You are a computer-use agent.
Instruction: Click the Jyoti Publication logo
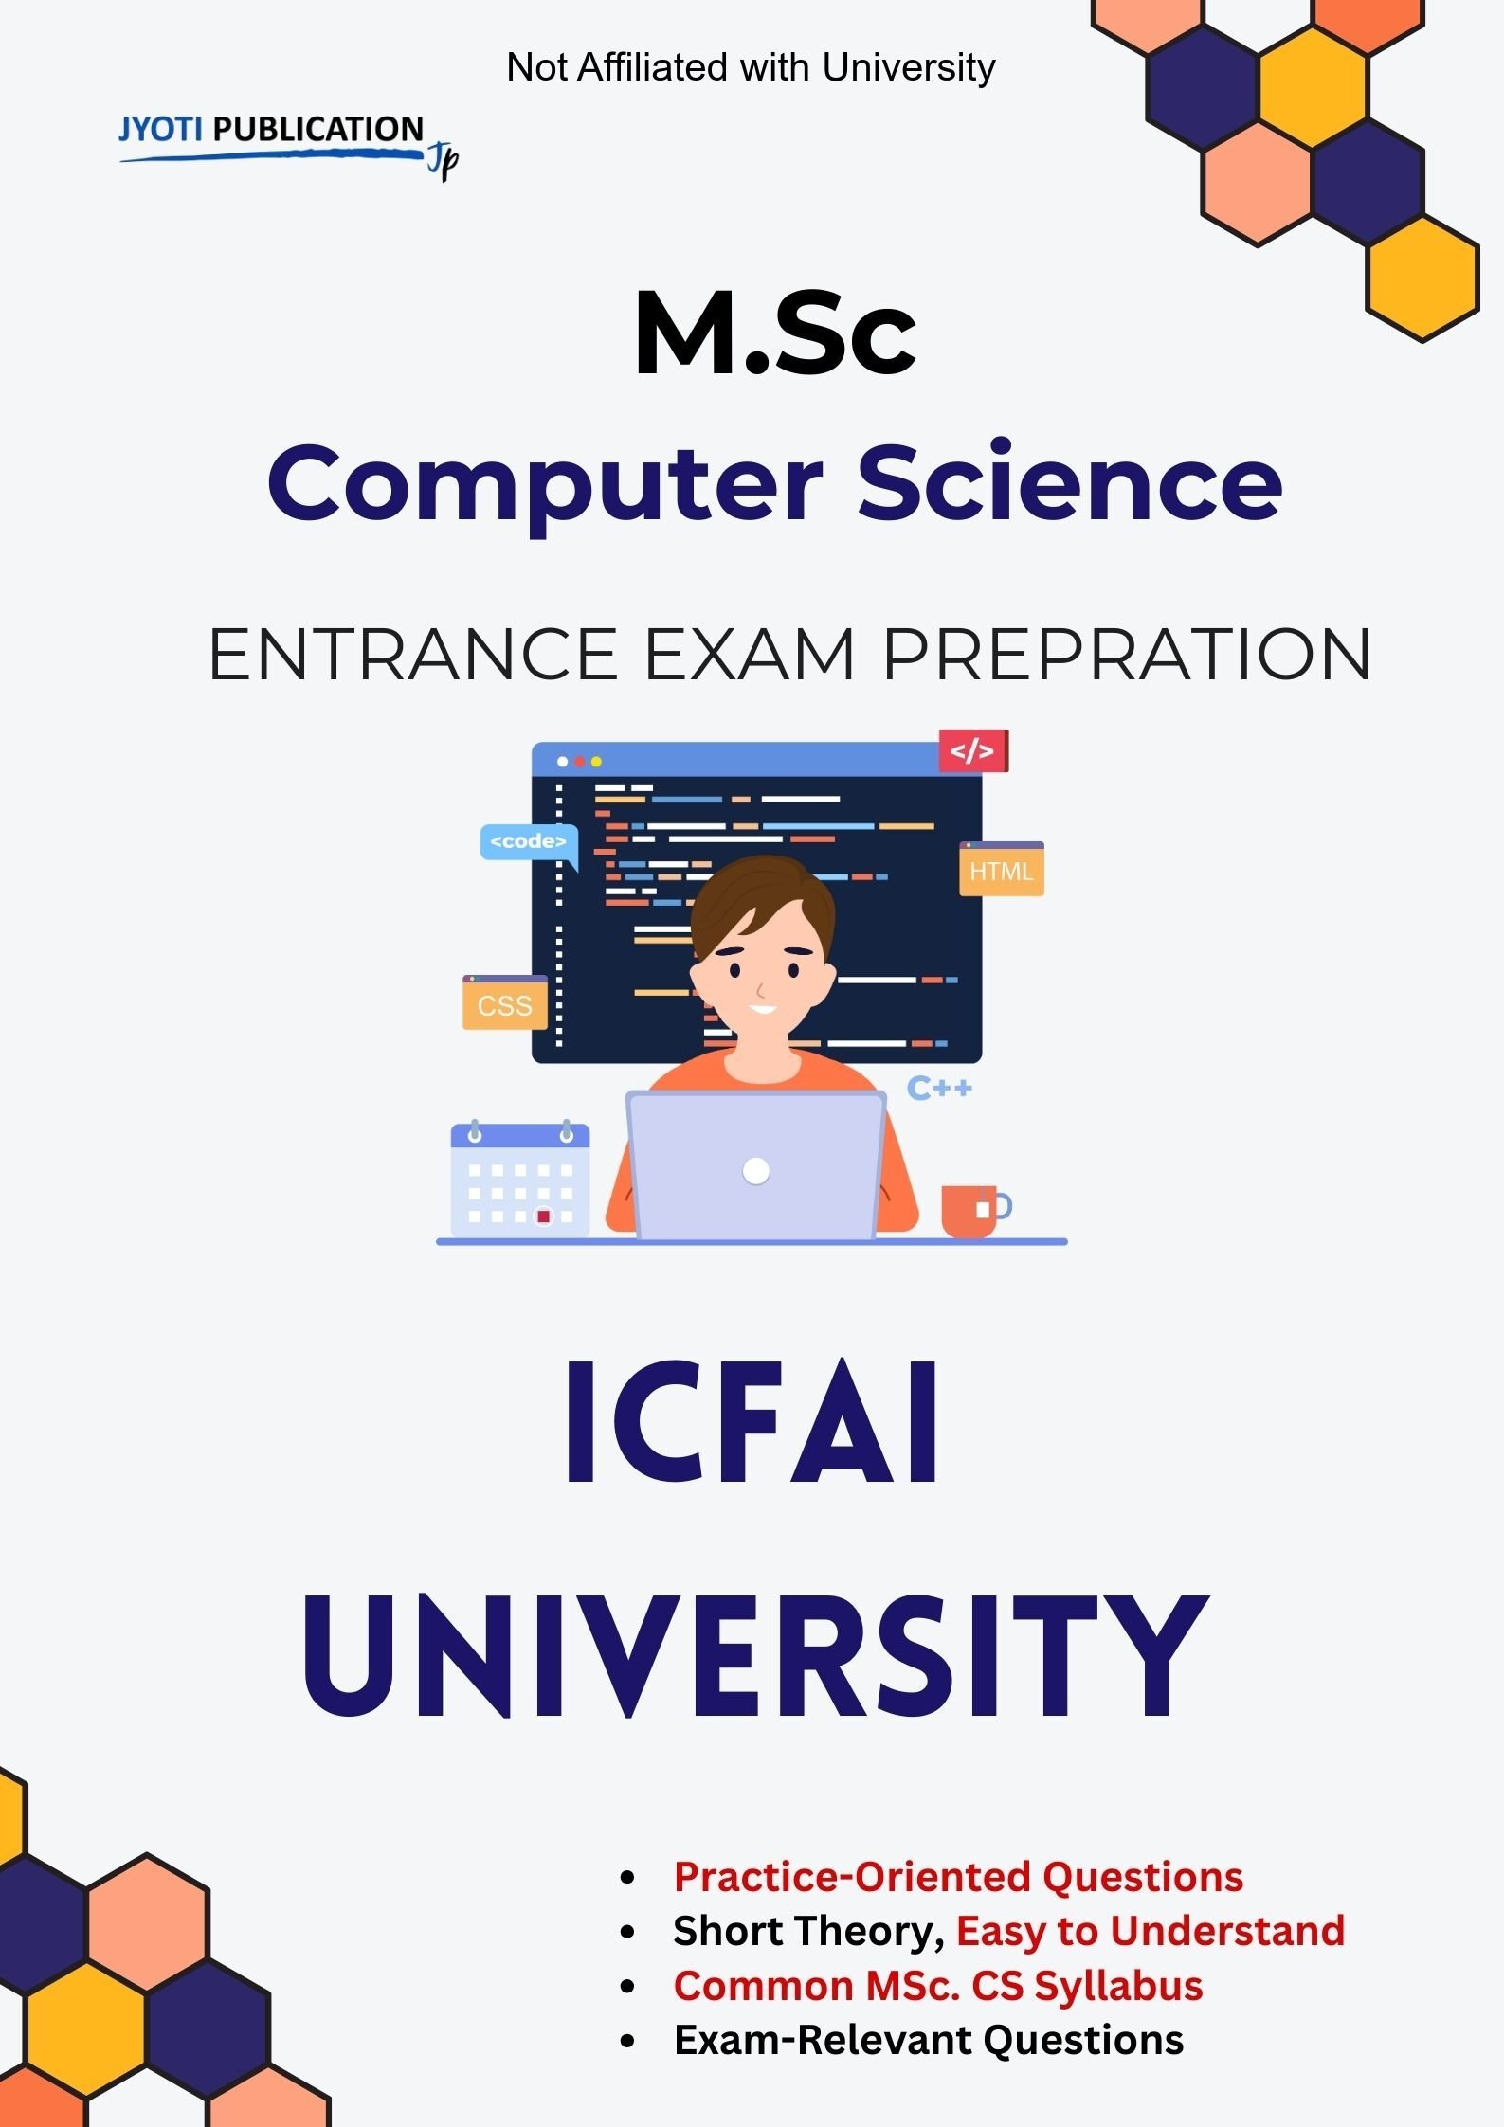click(x=288, y=143)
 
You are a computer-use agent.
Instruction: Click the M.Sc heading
click(x=775, y=333)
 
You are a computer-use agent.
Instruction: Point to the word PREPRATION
click(x=1127, y=654)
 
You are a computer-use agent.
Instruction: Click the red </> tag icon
click(x=973, y=750)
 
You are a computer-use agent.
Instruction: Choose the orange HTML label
click(x=1002, y=869)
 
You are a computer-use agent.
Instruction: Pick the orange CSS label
click(x=505, y=1002)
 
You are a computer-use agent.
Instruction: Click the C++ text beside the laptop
click(x=939, y=1088)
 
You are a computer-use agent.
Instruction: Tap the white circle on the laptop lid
click(x=756, y=1171)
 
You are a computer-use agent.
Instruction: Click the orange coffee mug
click(x=975, y=1211)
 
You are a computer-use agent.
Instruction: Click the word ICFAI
click(x=752, y=1421)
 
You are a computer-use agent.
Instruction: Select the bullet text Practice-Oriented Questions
click(x=958, y=1876)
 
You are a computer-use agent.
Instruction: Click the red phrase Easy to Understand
click(x=1151, y=1930)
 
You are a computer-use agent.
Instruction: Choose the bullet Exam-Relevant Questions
click(x=929, y=2039)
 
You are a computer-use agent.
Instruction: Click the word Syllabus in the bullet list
click(x=1118, y=1985)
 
